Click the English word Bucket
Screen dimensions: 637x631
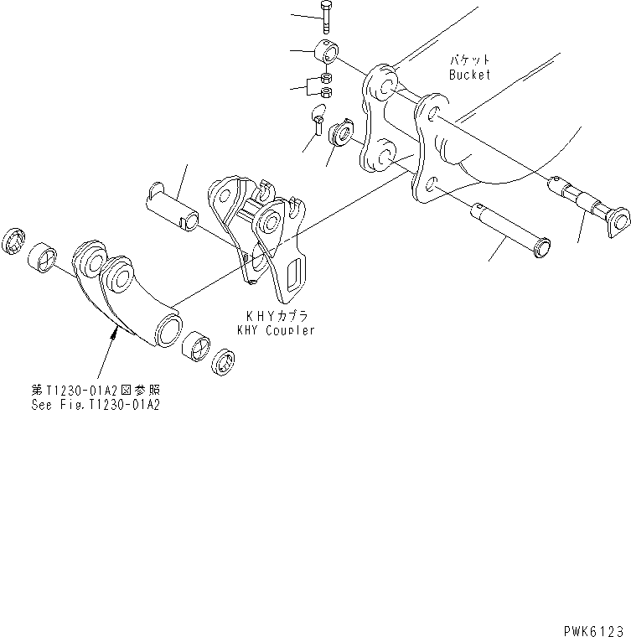pyautogui.click(x=469, y=75)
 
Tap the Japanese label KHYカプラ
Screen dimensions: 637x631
pyautogui.click(x=277, y=317)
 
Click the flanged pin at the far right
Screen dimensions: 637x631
pyautogui.click(x=592, y=205)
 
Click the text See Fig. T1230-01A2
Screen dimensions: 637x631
pyautogui.click(x=91, y=404)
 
